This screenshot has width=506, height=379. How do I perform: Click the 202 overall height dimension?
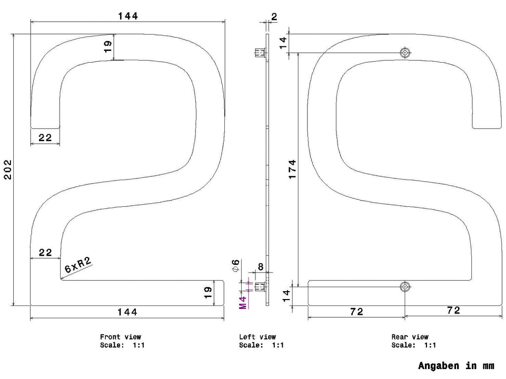click(7, 170)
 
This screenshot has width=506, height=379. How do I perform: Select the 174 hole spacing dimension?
click(292, 169)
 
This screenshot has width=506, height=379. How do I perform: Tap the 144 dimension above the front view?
click(128, 16)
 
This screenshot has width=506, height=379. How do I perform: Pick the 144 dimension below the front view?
click(127, 312)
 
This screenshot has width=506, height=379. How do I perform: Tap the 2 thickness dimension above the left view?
click(274, 16)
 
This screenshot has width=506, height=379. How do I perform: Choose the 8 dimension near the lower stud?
click(260, 267)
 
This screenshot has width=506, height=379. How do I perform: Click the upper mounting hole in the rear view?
click(405, 52)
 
